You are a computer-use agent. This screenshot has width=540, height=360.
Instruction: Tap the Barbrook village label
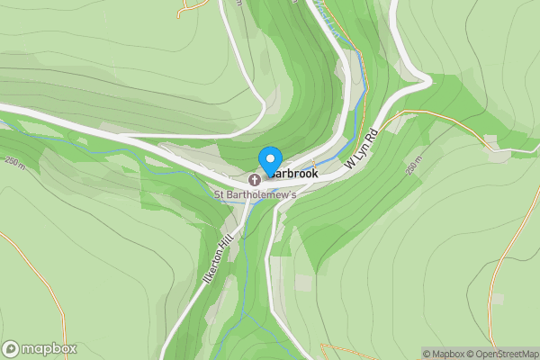293,172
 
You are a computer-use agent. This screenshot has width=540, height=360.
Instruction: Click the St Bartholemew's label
255,193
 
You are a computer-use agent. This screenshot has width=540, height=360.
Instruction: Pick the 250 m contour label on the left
15,162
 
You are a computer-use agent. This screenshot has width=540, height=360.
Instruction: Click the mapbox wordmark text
49,349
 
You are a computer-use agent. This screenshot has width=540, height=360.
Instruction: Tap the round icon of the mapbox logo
11,349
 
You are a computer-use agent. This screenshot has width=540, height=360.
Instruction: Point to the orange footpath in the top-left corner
193,7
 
